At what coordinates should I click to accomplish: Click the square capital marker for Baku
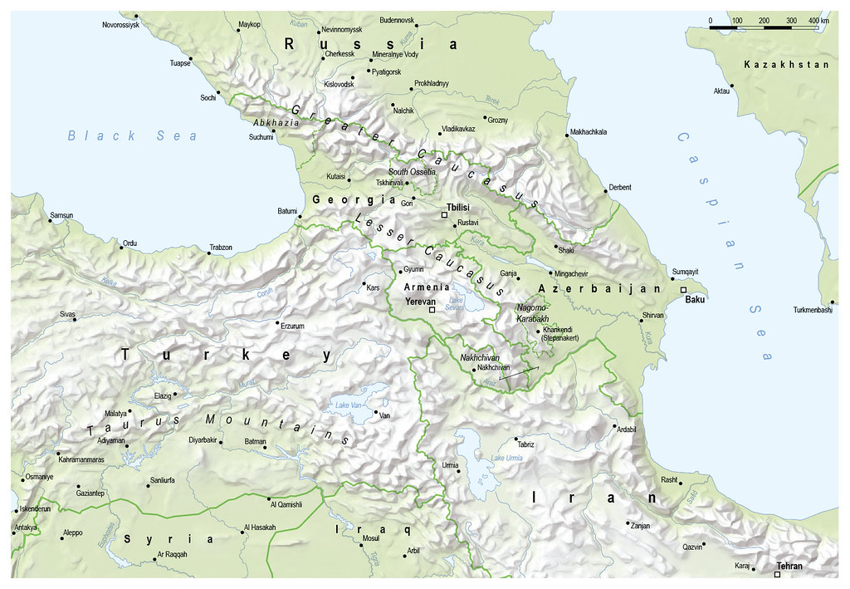click(682, 289)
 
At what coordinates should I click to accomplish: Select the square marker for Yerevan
click(432, 309)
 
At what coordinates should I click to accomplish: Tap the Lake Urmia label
click(507, 459)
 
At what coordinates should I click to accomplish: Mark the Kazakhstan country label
click(774, 65)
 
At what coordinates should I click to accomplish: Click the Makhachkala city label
click(589, 132)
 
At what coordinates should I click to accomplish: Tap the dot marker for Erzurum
click(277, 322)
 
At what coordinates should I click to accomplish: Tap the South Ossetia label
click(412, 171)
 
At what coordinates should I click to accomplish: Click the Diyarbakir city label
click(207, 439)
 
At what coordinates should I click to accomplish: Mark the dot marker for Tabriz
click(516, 438)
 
